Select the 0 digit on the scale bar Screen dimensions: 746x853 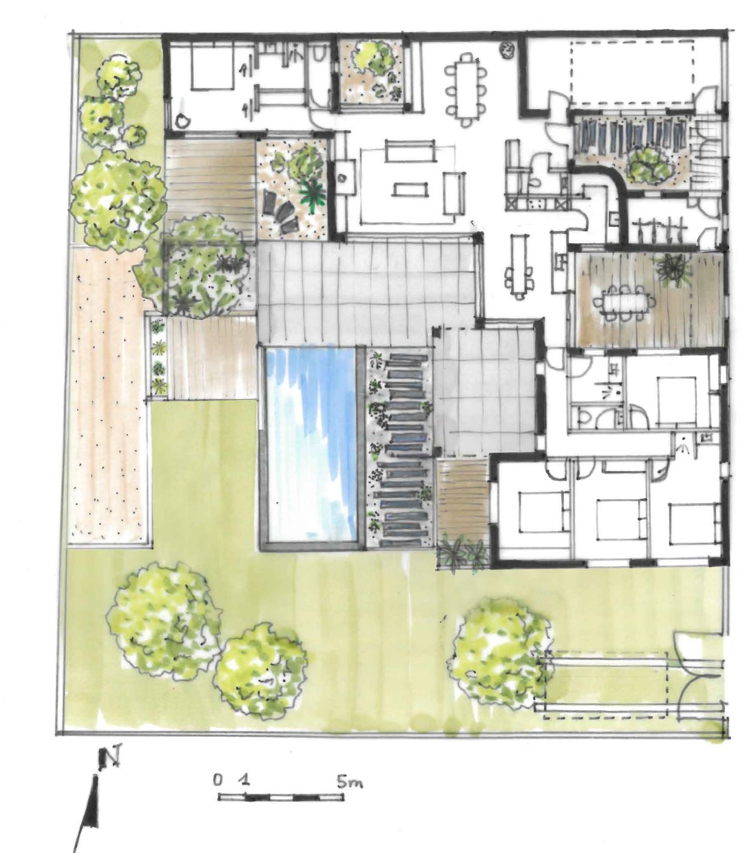(217, 779)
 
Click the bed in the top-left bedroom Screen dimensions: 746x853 (212, 68)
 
